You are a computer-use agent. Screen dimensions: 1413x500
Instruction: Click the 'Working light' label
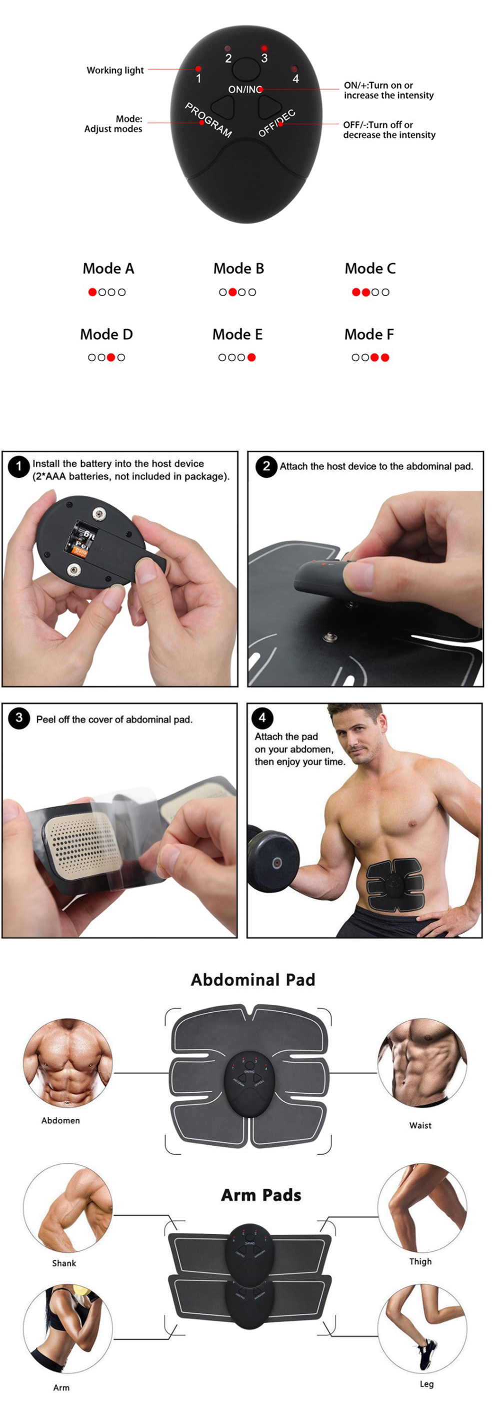tap(115, 70)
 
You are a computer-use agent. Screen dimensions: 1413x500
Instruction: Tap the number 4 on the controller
tap(295, 79)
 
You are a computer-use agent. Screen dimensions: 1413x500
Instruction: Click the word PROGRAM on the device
tap(208, 120)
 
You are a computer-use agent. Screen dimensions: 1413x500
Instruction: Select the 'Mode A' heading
tap(108, 269)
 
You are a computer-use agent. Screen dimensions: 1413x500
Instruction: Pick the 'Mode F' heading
tap(369, 334)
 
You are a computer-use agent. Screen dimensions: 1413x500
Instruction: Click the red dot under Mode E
tap(251, 357)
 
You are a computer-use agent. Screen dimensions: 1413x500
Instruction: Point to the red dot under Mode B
tap(232, 292)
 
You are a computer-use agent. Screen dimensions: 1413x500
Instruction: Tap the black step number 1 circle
tap(18, 466)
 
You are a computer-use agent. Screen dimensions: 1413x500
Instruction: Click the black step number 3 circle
tap(18, 718)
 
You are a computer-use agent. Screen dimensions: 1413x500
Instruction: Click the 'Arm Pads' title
tap(261, 1195)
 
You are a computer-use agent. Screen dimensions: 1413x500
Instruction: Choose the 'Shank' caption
tap(63, 1263)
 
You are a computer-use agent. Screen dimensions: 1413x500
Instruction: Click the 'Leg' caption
tap(426, 1384)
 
